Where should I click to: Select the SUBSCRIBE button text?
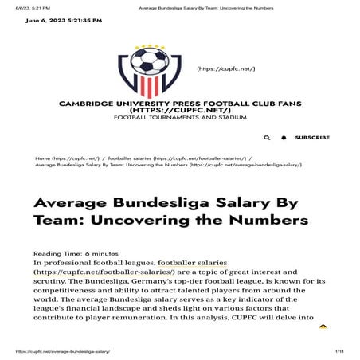tap(312, 138)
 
